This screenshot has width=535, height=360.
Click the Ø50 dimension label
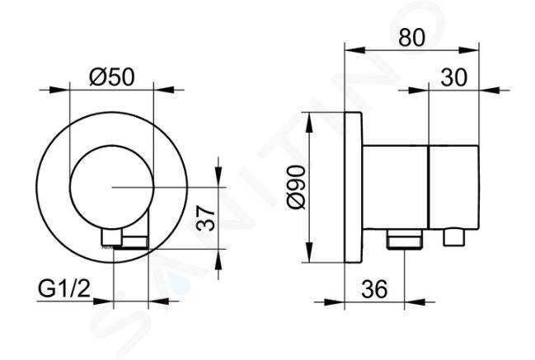112,77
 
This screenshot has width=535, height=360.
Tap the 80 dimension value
412,37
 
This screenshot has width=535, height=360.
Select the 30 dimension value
453,77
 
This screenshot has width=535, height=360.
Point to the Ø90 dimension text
297,187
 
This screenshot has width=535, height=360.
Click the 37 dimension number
206,219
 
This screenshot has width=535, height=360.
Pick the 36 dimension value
374,289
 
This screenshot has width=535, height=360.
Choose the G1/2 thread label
64,289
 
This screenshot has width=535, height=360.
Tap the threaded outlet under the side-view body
405,239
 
